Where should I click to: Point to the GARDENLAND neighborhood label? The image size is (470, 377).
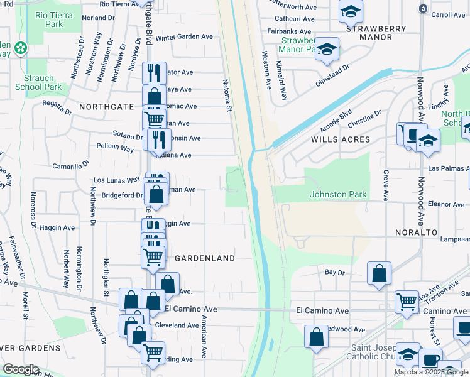click(205, 258)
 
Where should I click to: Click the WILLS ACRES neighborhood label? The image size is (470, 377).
click(340, 139)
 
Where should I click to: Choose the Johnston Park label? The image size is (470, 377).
click(338, 194)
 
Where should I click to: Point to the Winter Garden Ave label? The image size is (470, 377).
click(184, 37)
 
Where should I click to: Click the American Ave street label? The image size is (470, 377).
click(204, 336)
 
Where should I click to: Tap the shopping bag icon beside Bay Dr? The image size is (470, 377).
click(379, 274)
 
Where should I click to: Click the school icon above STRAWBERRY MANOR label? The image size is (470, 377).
click(351, 10)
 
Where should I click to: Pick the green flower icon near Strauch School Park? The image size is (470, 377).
click(21, 47)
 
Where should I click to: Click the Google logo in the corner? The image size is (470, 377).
click(21, 369)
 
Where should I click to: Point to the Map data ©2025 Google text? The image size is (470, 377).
click(431, 372)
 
